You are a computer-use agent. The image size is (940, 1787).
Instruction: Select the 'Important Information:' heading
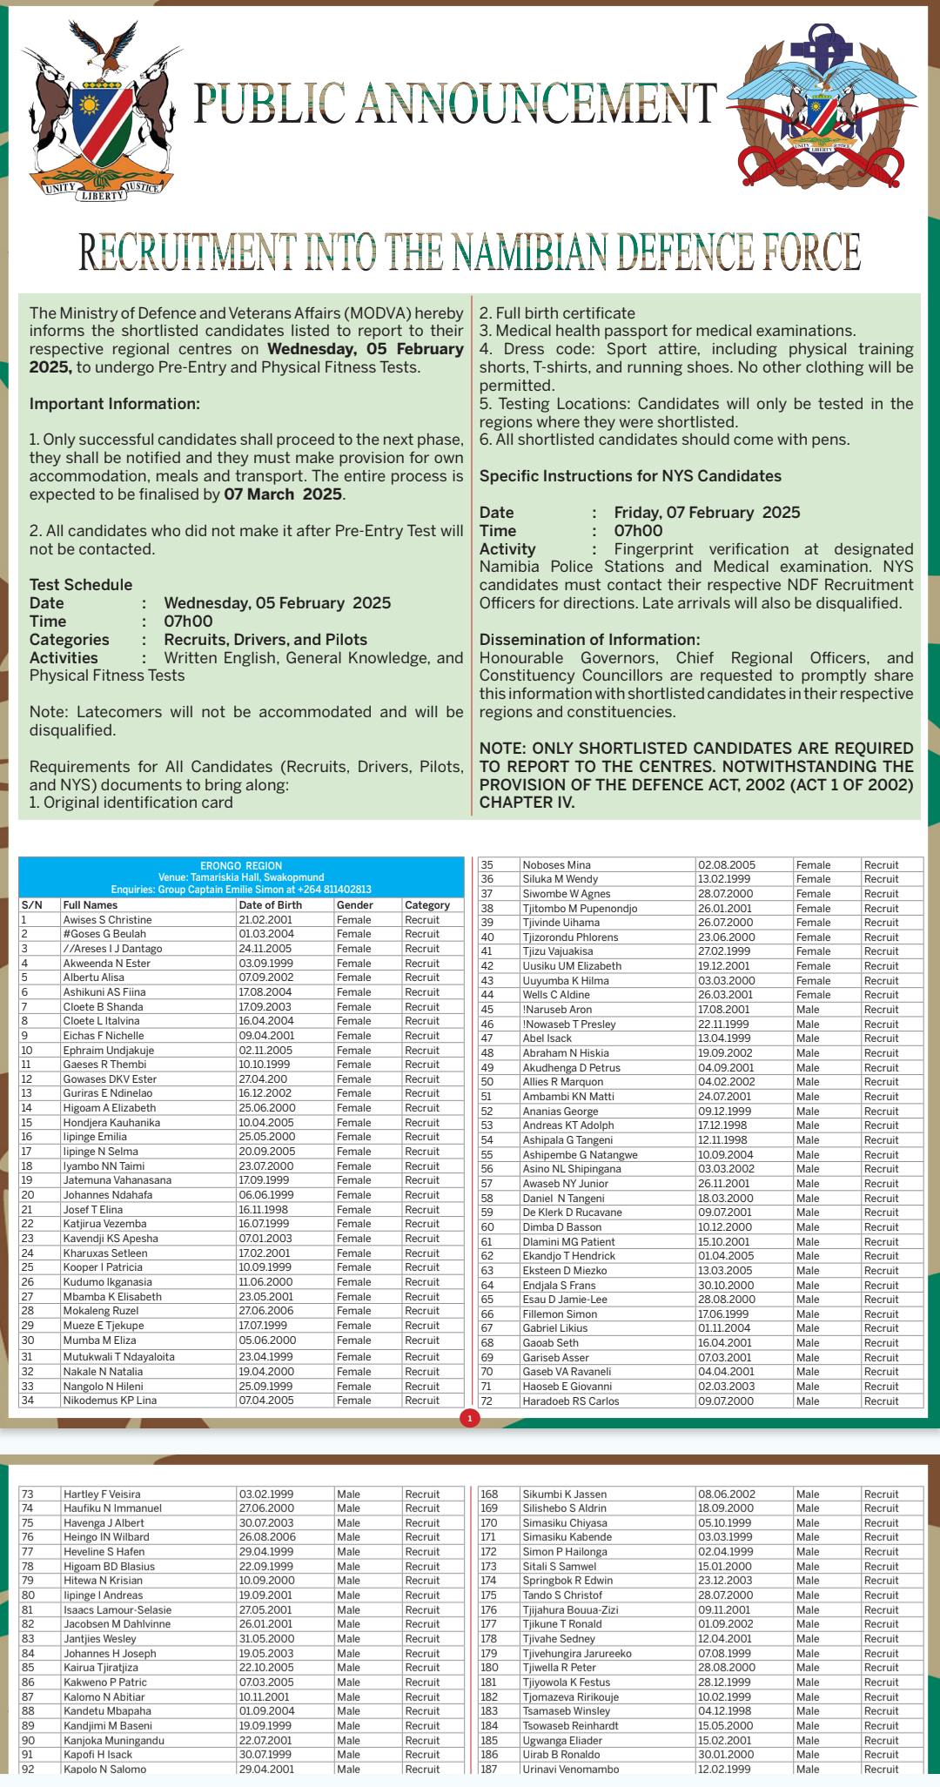click(x=115, y=404)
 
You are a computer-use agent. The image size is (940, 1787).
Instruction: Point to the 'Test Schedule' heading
click(x=81, y=585)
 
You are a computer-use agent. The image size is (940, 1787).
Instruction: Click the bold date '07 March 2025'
click(x=283, y=494)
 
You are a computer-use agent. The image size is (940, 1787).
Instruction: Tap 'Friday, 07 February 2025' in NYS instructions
click(x=707, y=513)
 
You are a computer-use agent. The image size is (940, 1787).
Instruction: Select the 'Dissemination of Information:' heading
click(x=589, y=640)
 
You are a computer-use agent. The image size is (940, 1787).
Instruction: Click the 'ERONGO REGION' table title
click(x=241, y=866)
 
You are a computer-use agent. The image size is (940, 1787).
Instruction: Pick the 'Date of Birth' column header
click(x=271, y=905)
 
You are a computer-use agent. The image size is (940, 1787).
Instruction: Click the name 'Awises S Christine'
click(x=107, y=920)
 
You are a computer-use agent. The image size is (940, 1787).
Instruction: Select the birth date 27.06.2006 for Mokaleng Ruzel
click(x=266, y=1311)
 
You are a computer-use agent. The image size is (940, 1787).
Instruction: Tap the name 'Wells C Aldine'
click(x=556, y=995)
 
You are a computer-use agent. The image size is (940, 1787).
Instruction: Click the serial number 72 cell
click(x=487, y=1401)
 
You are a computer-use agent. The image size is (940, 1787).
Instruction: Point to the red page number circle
click(x=470, y=1419)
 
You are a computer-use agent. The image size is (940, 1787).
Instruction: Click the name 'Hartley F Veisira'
click(x=102, y=1495)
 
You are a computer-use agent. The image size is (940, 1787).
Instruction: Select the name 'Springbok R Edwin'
click(x=567, y=1581)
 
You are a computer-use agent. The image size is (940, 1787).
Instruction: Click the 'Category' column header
click(x=427, y=905)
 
